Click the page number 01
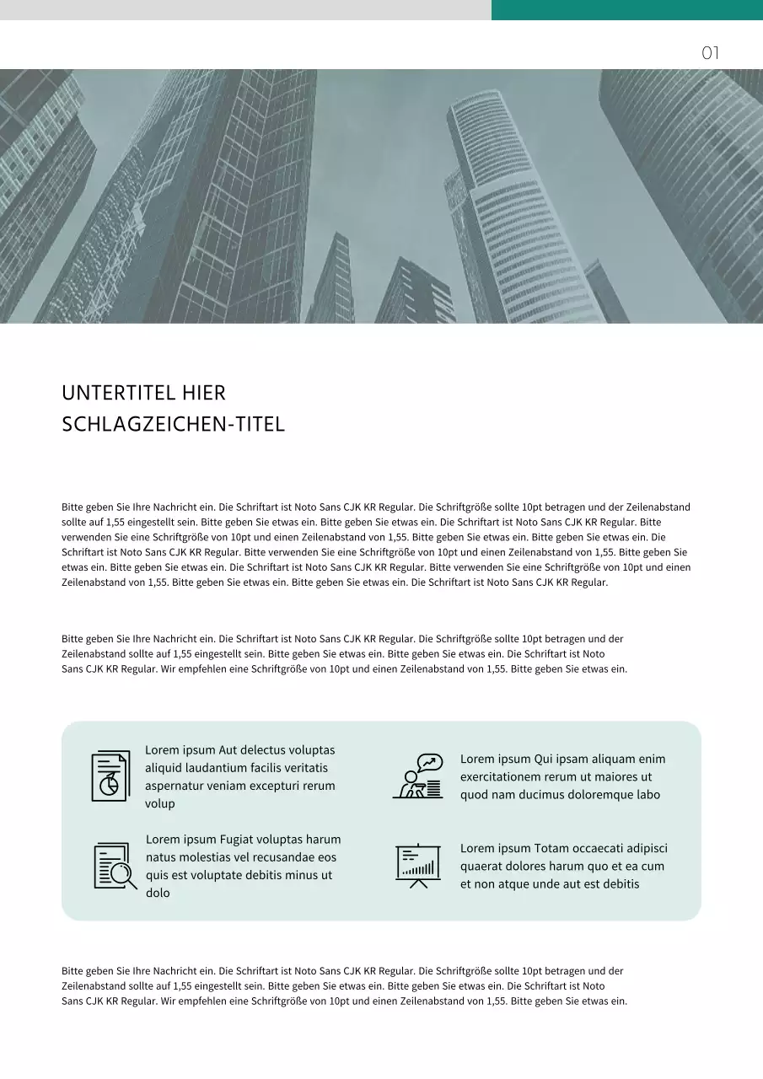click(x=710, y=54)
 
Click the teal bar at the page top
click(x=626, y=9)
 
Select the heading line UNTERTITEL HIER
click(x=143, y=394)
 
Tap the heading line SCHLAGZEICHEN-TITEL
click(x=173, y=424)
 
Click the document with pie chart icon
click(x=110, y=776)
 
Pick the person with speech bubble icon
click(x=419, y=776)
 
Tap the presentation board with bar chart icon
click(x=418, y=865)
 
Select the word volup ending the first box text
click(x=160, y=804)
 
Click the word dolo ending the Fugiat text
click(x=158, y=894)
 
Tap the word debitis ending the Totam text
click(x=620, y=884)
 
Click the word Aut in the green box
click(x=228, y=750)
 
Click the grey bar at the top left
click(x=244, y=9)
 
